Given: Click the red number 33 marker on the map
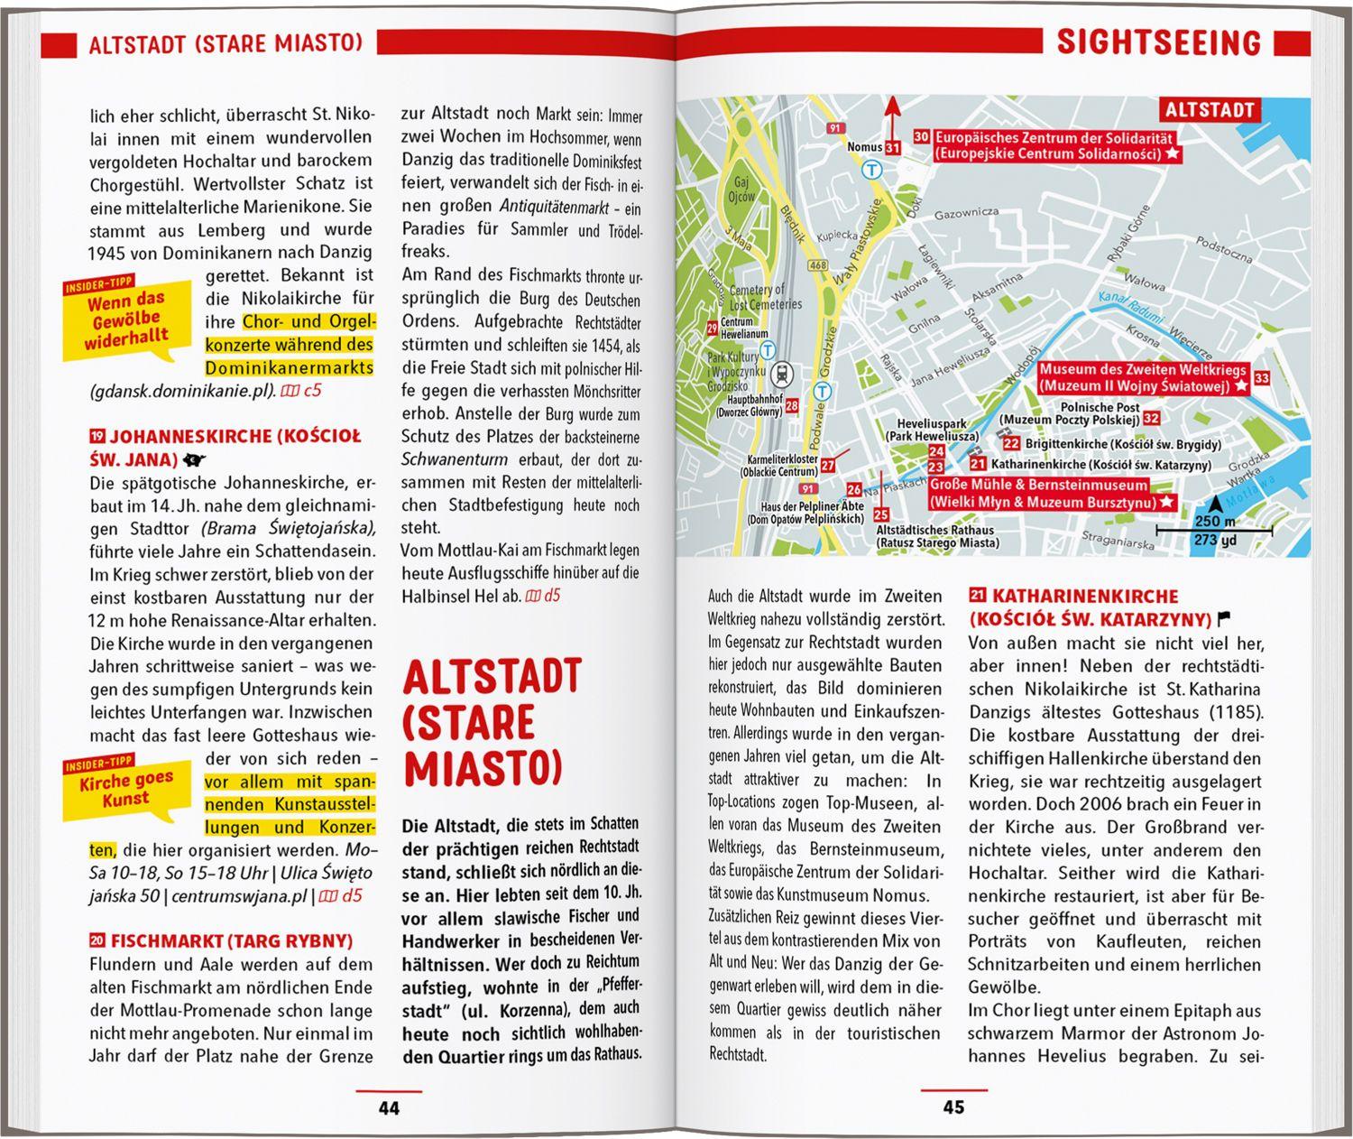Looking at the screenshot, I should pyautogui.click(x=1261, y=378).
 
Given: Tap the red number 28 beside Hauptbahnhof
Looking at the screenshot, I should pyautogui.click(x=791, y=406).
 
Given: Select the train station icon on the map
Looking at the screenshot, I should pyautogui.click(x=783, y=371).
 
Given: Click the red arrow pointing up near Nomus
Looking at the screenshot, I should pyautogui.click(x=892, y=117).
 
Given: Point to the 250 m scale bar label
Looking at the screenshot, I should pyautogui.click(x=1211, y=522).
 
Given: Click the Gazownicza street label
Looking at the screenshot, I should pyautogui.click(x=966, y=212).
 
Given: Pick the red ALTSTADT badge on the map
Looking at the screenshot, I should pyautogui.click(x=1210, y=110).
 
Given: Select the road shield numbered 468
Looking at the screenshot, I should pyautogui.click(x=818, y=264).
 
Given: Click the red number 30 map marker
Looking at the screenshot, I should pyautogui.click(x=921, y=137).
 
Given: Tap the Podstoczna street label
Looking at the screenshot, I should pyautogui.click(x=1223, y=248).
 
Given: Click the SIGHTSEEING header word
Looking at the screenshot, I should pyautogui.click(x=1158, y=42).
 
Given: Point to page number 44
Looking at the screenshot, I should pyautogui.click(x=389, y=1107).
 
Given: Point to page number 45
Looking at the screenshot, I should pyautogui.click(x=953, y=1107).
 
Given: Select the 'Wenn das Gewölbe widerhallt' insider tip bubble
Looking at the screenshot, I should pyautogui.click(x=126, y=321).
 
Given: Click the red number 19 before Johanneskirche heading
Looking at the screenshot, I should pyautogui.click(x=97, y=436).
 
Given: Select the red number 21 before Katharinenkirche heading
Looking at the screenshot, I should pyautogui.click(x=977, y=596).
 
